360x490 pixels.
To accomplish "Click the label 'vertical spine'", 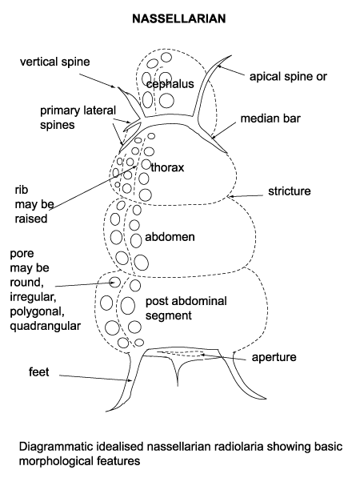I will [54, 60].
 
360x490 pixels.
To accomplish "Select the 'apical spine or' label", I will [288, 77].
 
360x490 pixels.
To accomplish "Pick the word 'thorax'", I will [167, 169].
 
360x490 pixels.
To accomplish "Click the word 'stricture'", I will [289, 191].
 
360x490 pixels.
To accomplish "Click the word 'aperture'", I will [274, 357].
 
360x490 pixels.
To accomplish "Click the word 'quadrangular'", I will [46, 326].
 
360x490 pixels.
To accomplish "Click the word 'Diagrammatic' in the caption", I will [59, 444].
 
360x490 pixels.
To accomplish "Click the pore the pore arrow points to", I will [115, 282].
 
